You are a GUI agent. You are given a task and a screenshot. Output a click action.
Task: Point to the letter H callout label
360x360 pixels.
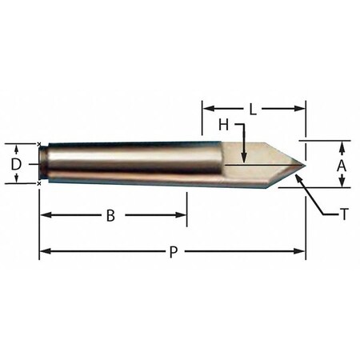click(224, 125)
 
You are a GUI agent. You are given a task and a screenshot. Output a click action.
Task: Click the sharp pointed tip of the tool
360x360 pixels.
click(305, 164)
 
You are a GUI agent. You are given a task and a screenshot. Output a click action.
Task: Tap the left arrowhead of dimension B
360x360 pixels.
click(45, 214)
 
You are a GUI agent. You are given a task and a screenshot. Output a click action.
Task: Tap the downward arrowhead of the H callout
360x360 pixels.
click(243, 159)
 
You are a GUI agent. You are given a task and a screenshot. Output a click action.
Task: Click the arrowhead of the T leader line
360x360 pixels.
click(298, 175)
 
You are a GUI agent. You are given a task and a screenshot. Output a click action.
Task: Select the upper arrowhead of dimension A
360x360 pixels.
click(342, 145)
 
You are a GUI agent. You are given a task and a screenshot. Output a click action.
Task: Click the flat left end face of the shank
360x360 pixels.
click(42, 163)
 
